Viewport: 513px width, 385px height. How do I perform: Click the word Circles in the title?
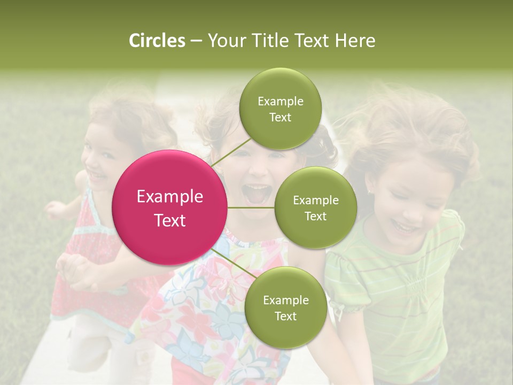(x=157, y=41)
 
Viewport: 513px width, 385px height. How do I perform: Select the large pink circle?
(x=170, y=207)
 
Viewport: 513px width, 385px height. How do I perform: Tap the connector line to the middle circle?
(x=251, y=207)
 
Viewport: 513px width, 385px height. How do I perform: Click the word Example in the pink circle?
(x=170, y=197)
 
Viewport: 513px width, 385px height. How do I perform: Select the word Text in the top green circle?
(x=280, y=118)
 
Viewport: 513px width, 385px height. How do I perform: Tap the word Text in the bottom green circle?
(x=285, y=316)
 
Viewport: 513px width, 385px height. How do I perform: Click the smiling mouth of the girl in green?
(x=405, y=228)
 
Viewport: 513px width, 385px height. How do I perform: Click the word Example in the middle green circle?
(x=315, y=201)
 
